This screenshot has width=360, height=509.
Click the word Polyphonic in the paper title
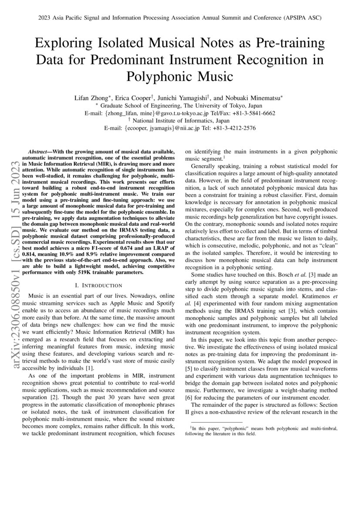tap(158, 77)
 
